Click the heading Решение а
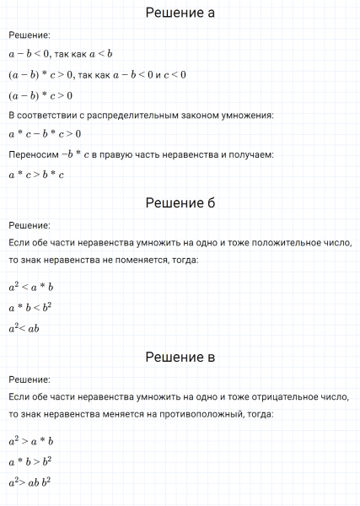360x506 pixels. click(x=180, y=13)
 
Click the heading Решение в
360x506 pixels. click(x=180, y=357)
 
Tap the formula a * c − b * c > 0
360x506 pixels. click(x=45, y=134)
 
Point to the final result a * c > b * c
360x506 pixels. click(x=36, y=175)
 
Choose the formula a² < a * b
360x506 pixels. click(x=31, y=287)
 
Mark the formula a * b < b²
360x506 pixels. click(x=30, y=307)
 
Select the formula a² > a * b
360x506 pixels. click(x=31, y=440)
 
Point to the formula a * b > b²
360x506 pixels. click(x=30, y=460)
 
